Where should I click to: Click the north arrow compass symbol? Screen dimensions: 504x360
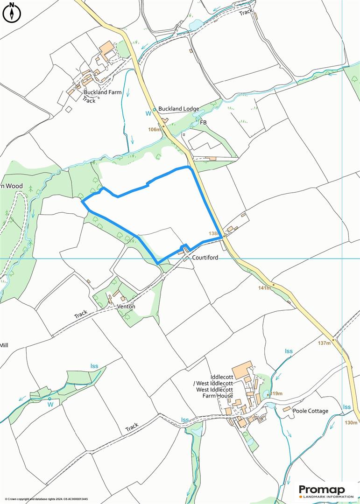[x=12, y=13]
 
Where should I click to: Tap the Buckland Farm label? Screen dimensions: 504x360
[x=103, y=92]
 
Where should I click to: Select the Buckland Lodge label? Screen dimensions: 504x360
[x=178, y=109]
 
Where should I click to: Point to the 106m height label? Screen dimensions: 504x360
[x=154, y=130]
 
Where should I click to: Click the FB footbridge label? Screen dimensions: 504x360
[x=203, y=122]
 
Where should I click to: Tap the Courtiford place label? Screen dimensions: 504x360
[x=205, y=257]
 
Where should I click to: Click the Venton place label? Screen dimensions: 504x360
[x=126, y=307]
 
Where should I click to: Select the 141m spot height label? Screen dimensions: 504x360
[x=264, y=288]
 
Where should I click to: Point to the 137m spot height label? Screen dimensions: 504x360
[x=324, y=343]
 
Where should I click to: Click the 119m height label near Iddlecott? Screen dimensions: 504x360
[x=276, y=394]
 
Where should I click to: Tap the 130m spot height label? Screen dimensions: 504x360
[x=351, y=423]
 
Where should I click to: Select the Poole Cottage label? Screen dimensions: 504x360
[x=311, y=411]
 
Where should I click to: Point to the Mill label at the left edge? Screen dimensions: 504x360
[x=4, y=345]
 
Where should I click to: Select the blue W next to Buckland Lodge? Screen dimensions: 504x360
[x=148, y=113]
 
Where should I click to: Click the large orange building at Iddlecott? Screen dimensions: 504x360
[x=242, y=369]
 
